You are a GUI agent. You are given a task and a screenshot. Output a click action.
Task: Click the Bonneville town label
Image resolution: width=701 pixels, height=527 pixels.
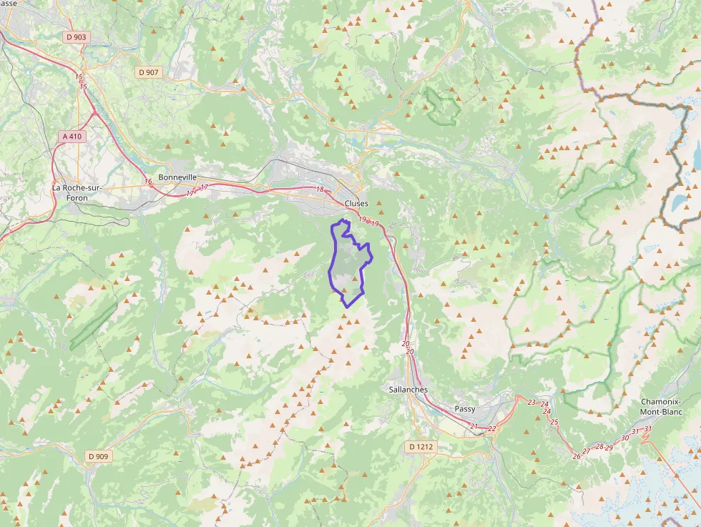pyautogui.click(x=177, y=177)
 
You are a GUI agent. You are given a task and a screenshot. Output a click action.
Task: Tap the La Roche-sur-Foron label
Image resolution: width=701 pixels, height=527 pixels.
pyautogui.click(x=77, y=193)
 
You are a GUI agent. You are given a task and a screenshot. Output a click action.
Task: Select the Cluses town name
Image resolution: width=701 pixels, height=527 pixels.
pyautogui.click(x=356, y=203)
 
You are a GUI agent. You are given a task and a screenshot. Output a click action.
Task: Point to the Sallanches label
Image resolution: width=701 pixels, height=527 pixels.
pyautogui.click(x=408, y=390)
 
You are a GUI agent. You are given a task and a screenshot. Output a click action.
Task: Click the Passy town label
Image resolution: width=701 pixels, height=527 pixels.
pyautogui.click(x=465, y=409)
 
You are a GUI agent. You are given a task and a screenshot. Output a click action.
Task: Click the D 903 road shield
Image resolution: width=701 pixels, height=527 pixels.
pyautogui.click(x=76, y=36)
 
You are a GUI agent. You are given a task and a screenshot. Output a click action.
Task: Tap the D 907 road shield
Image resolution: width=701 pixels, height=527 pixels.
pyautogui.click(x=149, y=72)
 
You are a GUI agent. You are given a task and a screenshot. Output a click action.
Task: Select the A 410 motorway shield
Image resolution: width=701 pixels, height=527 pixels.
pyautogui.click(x=73, y=136)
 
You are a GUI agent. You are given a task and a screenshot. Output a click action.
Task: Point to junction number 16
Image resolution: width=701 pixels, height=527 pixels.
pyautogui.click(x=148, y=182)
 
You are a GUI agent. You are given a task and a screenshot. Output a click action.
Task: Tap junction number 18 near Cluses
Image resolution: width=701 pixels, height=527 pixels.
pyautogui.click(x=320, y=189)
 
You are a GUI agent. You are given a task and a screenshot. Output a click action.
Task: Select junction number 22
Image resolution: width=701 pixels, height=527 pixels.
pyautogui.click(x=492, y=429)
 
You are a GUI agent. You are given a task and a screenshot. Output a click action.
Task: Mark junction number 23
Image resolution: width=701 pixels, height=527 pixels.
pyautogui.click(x=531, y=403)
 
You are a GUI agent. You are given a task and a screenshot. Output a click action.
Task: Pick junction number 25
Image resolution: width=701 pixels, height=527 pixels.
pyautogui.click(x=554, y=422)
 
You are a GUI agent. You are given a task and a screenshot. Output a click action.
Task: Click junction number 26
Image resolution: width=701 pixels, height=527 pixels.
pyautogui.click(x=577, y=456)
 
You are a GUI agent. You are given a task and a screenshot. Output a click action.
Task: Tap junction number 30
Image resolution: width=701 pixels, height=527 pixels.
pyautogui.click(x=625, y=438)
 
